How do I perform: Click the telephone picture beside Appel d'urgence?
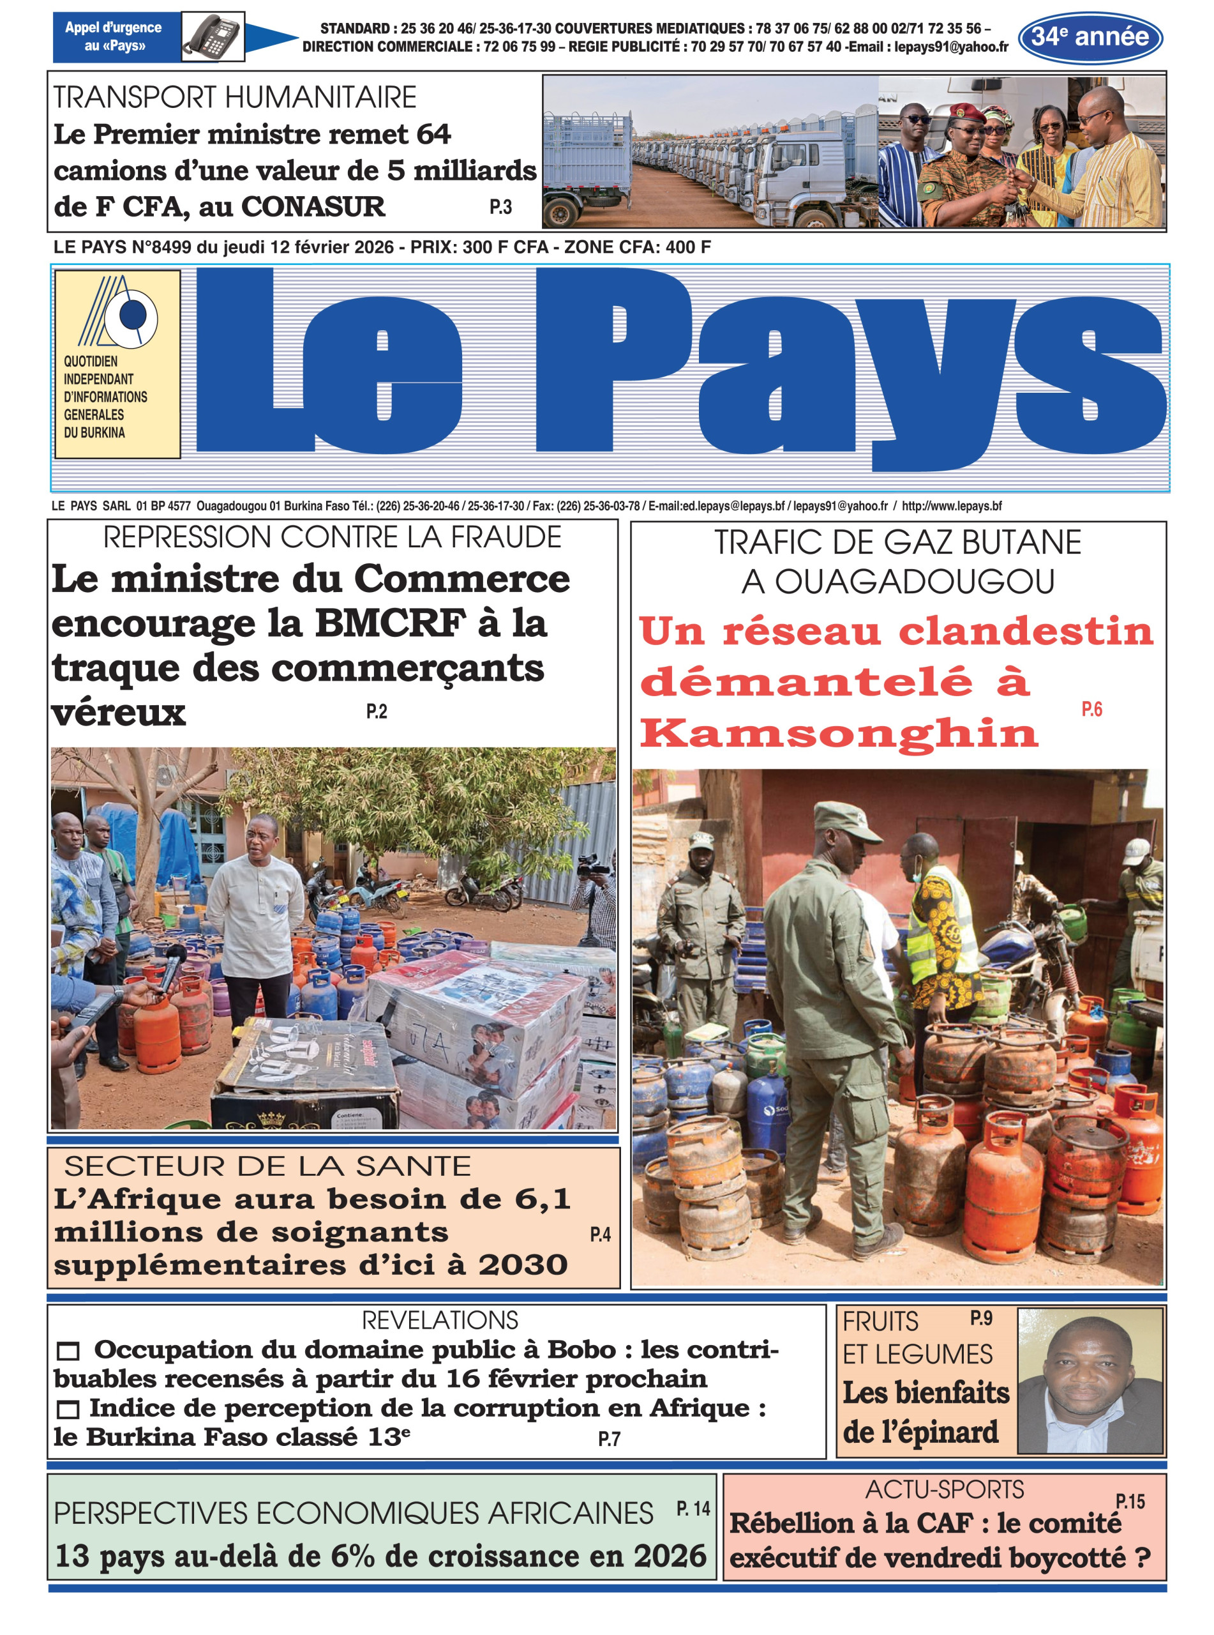[x=213, y=37]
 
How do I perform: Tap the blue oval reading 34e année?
[x=1090, y=37]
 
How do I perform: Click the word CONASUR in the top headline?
[x=313, y=206]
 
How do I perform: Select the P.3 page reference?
[x=500, y=208]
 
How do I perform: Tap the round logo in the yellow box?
[x=132, y=317]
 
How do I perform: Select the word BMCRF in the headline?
[x=390, y=623]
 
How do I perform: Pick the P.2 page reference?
[x=376, y=711]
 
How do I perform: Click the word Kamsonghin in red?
[x=839, y=733]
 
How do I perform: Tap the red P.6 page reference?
[x=1091, y=709]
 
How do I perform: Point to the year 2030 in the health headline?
[x=523, y=1265]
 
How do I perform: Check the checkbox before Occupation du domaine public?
[x=68, y=1351]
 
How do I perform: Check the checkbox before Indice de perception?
[x=68, y=1408]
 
